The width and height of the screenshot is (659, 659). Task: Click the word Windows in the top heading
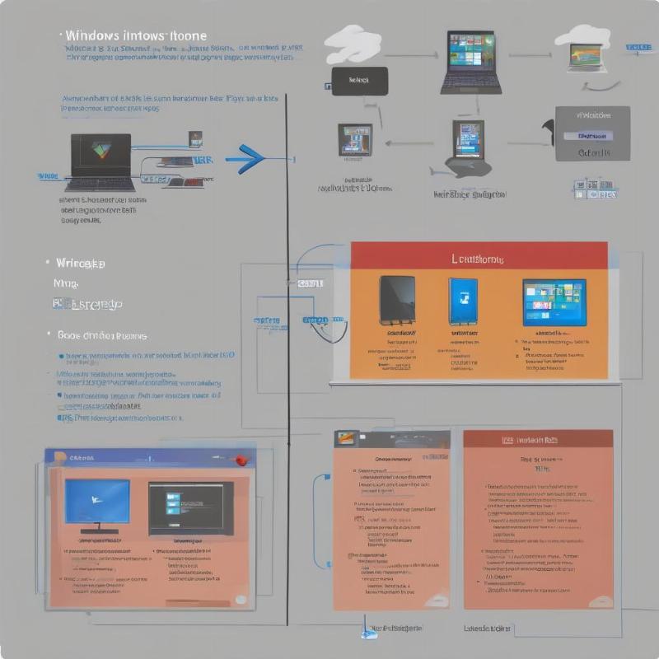(x=92, y=36)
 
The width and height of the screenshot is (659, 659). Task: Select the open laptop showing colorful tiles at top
(x=471, y=61)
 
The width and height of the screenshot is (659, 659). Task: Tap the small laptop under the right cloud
(x=586, y=57)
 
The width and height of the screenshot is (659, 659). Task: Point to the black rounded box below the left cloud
(x=359, y=81)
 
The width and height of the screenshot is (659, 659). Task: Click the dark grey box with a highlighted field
(x=592, y=133)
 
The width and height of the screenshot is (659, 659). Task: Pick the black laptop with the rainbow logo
(x=101, y=160)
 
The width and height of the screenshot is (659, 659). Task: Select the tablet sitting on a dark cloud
(x=468, y=142)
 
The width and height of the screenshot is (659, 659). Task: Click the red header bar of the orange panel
(x=478, y=256)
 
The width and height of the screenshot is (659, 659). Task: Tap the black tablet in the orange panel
(x=397, y=301)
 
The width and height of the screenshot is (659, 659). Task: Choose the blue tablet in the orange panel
(x=463, y=301)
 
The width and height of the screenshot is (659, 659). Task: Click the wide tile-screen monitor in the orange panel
(x=554, y=302)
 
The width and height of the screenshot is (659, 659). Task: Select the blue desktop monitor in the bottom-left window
(x=97, y=502)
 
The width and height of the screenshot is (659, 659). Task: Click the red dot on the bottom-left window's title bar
(x=241, y=460)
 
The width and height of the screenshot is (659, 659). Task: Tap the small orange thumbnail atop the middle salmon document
(x=344, y=438)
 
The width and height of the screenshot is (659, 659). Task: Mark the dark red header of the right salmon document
(x=537, y=439)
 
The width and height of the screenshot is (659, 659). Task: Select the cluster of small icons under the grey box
(x=595, y=189)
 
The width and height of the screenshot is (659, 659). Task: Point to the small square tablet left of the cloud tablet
(x=354, y=139)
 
